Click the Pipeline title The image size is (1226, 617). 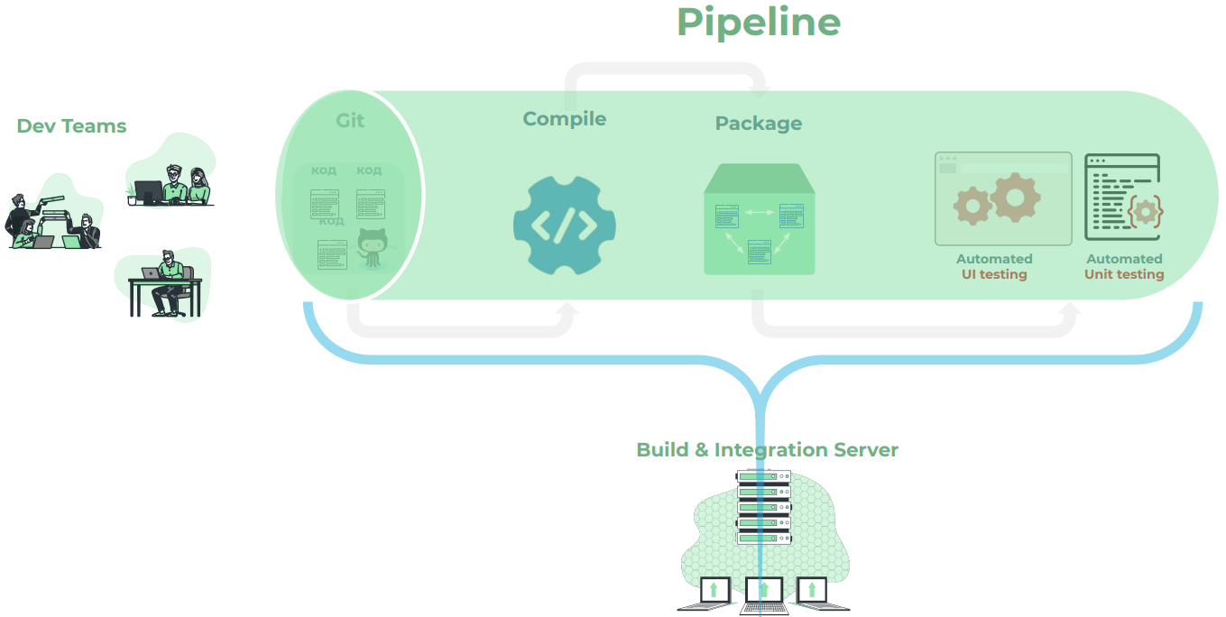click(x=759, y=23)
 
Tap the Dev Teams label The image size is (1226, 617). click(x=71, y=126)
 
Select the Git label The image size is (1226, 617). click(x=350, y=120)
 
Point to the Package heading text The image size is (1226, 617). click(x=758, y=124)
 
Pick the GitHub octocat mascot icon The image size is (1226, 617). click(x=371, y=248)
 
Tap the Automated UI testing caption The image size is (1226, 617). click(x=994, y=266)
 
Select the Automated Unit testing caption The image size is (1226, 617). click(x=1124, y=266)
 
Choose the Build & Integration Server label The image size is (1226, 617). click(x=767, y=449)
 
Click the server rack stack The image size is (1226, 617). click(x=763, y=507)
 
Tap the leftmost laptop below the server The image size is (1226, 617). click(x=714, y=592)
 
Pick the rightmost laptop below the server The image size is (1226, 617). click(x=813, y=592)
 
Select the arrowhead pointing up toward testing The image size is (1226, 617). click(x=1070, y=309)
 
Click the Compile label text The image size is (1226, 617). click(x=564, y=119)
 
